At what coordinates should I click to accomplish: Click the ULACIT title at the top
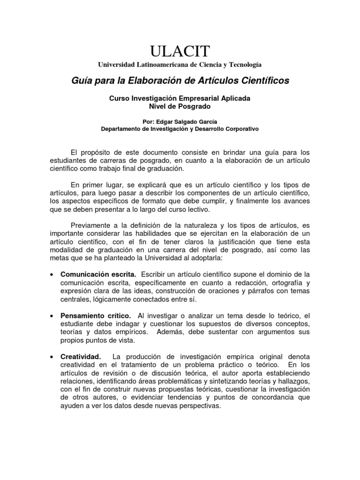[x=180, y=50]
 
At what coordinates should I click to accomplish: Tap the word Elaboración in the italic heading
[x=150, y=81]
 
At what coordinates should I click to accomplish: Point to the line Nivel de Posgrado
[x=180, y=106]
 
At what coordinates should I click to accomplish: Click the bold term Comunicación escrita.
[x=98, y=274]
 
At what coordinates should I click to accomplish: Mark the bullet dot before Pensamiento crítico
[x=51, y=316]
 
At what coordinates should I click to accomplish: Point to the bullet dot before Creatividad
[x=51, y=358]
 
